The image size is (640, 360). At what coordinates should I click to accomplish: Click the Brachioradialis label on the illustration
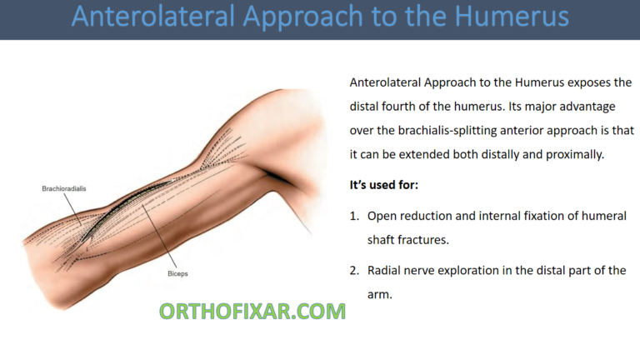coord(63,189)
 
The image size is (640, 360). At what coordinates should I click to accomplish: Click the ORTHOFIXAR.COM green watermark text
coord(252,312)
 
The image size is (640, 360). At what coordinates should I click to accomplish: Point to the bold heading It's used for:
coord(384,184)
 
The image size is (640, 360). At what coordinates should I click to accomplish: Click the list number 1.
coord(353,216)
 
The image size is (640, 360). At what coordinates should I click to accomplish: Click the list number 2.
coord(353,271)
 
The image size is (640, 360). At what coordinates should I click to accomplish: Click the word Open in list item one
coord(382,216)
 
